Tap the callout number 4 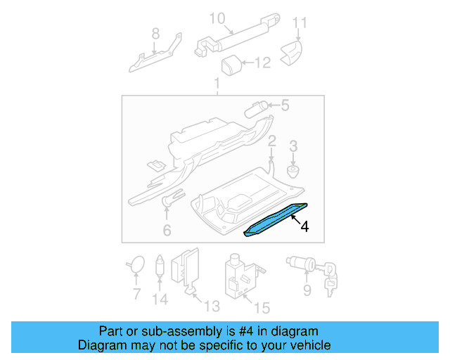(304, 226)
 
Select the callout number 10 (217, 18)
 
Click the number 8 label (155, 32)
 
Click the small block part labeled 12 (231, 65)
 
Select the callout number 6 (167, 230)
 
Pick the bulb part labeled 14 (160, 266)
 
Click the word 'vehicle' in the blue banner (308, 345)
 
